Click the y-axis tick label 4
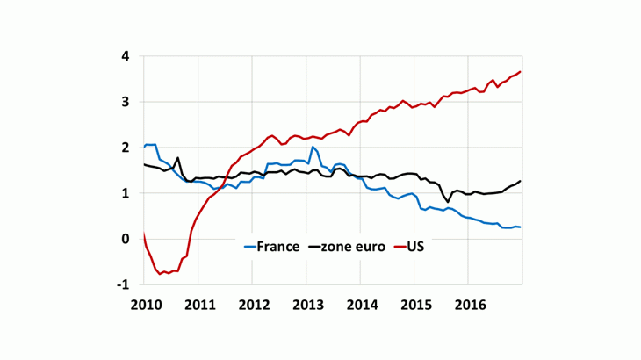(126, 57)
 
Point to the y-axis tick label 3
(126, 103)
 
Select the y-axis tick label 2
(126, 148)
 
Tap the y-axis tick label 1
(126, 193)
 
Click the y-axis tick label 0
(126, 239)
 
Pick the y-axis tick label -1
(124, 284)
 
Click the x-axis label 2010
(144, 304)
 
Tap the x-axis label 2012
(252, 304)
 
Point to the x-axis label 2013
(306, 304)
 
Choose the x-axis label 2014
(360, 304)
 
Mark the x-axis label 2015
(414, 304)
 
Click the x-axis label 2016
(468, 304)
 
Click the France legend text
(279, 247)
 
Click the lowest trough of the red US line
(162, 274)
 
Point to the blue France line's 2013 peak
(313, 147)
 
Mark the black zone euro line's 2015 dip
(448, 201)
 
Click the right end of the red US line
(521, 72)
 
